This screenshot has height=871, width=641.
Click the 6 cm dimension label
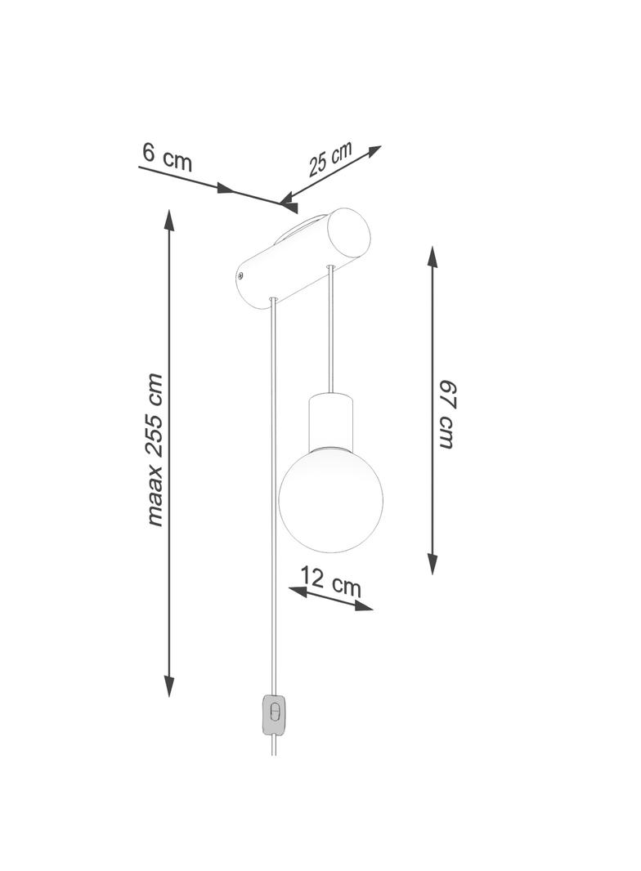click(x=167, y=157)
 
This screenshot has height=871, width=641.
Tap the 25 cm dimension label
click(x=331, y=159)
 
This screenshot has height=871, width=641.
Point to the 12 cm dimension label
click(x=331, y=581)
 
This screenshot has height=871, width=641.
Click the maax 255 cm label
click(x=155, y=450)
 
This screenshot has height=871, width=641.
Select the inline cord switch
click(x=274, y=714)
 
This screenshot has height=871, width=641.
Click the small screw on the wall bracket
click(x=240, y=275)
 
